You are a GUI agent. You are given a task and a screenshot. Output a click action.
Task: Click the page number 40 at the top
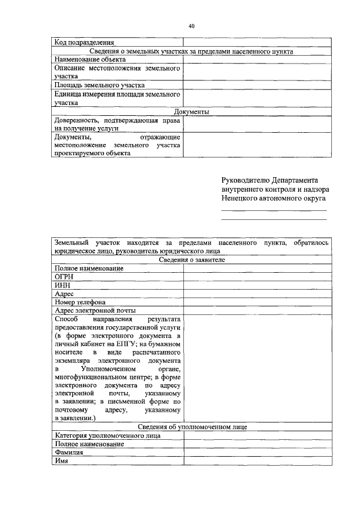pos(191,26)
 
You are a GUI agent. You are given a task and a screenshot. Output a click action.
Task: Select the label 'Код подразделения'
pos(84,42)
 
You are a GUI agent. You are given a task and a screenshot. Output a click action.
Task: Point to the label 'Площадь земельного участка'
pos(96,85)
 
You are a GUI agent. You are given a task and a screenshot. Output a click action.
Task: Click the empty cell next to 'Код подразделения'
pos(257,42)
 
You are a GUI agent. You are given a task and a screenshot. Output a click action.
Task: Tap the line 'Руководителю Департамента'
pos(269,181)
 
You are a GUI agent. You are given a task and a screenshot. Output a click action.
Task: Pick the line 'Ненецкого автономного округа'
pos(273,199)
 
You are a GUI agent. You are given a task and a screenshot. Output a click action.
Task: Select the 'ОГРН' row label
pos(65,277)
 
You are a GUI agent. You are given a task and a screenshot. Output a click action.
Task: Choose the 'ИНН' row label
pos(62,285)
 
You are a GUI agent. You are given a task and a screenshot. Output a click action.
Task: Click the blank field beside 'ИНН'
pos(257,285)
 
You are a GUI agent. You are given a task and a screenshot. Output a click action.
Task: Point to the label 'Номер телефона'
pos(80,302)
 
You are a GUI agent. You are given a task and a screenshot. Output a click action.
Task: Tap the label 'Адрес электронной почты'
pos(95,310)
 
